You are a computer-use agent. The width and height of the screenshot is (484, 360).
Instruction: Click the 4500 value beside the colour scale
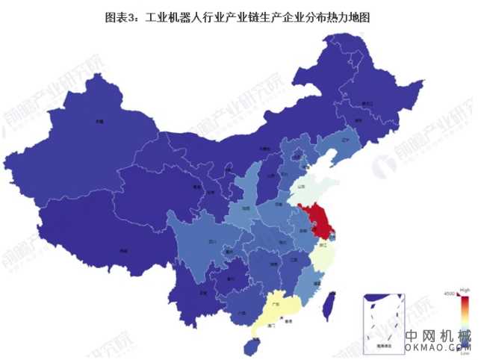point(450,294)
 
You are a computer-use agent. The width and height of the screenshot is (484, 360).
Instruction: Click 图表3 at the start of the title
point(120,16)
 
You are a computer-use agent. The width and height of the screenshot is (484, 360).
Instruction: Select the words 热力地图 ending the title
point(349,16)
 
